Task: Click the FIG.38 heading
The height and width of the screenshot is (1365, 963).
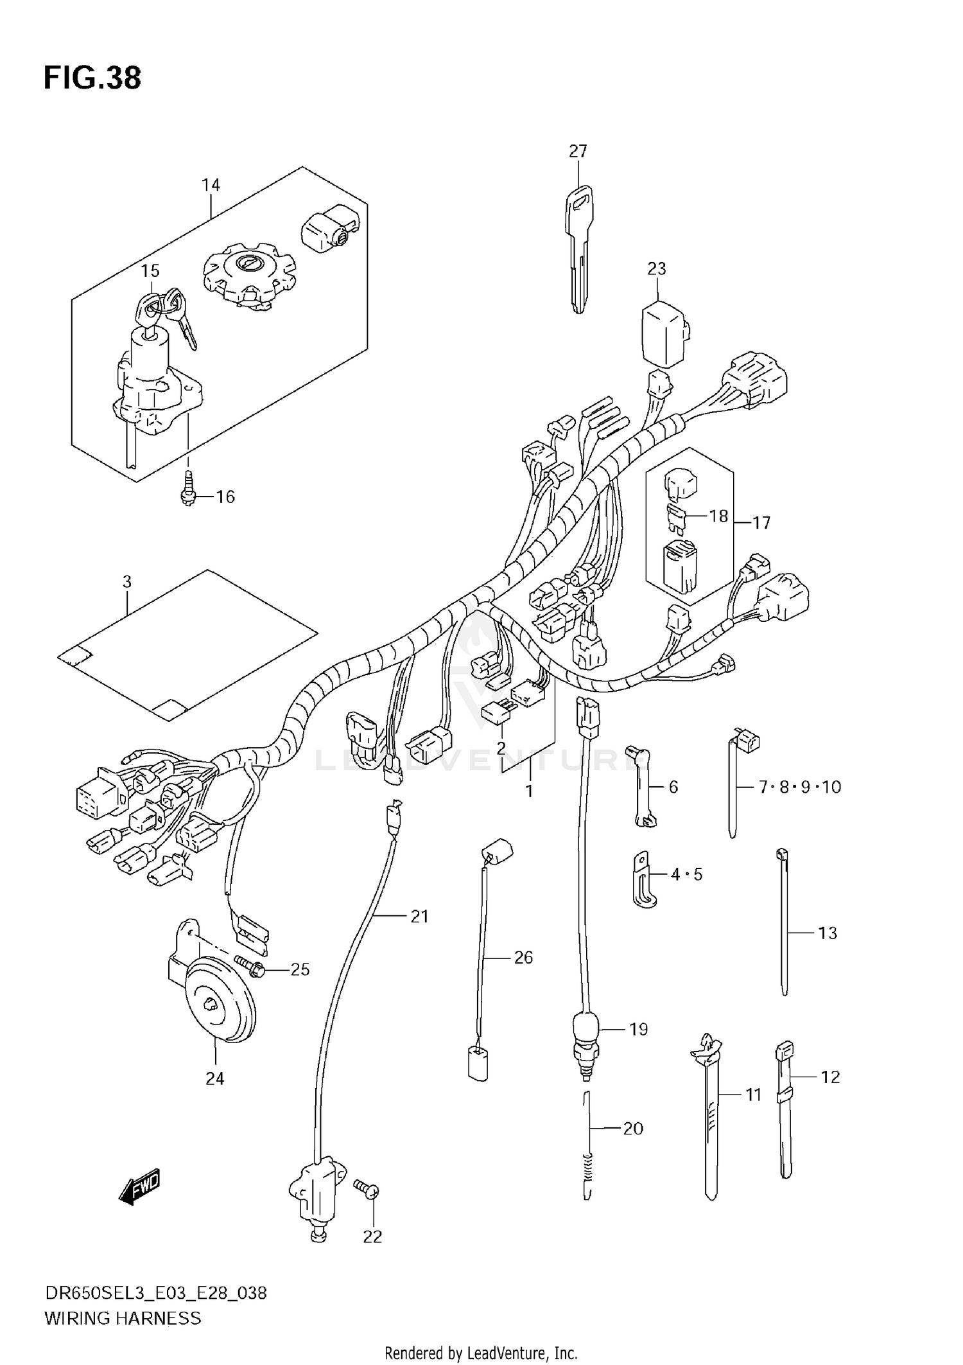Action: point(92,78)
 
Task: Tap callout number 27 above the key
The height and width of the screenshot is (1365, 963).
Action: point(578,152)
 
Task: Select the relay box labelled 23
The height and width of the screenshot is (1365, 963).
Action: point(664,333)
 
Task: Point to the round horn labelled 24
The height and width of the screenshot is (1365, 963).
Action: point(220,1008)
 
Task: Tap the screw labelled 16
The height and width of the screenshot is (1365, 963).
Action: point(188,489)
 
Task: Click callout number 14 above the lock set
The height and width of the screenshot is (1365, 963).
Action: point(211,186)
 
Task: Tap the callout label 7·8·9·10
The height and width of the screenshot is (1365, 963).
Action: point(800,787)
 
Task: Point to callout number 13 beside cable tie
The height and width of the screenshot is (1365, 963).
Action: point(828,933)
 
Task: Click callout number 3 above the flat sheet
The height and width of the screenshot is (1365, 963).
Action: point(127,582)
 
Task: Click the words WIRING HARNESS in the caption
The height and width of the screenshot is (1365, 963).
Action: point(123,1318)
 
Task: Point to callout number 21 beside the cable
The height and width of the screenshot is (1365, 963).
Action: point(419,917)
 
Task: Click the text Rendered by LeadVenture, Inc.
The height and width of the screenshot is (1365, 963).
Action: point(481,1353)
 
